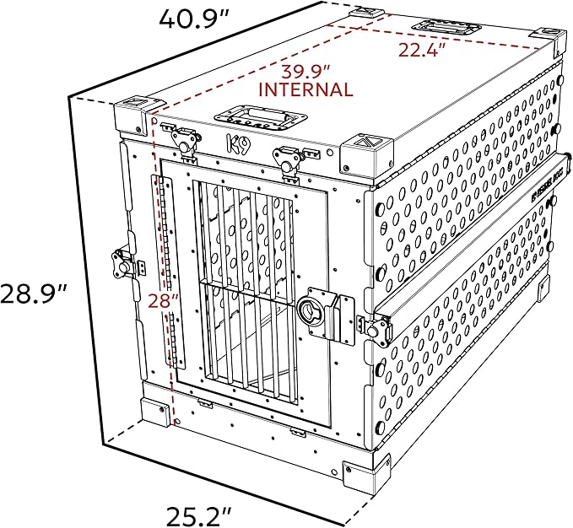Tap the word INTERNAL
pos(305,89)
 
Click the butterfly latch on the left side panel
pos(120,262)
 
